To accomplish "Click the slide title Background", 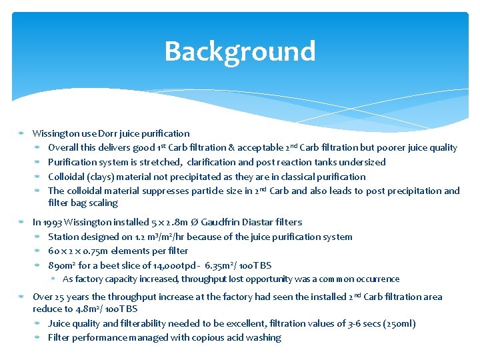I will tap(239, 51).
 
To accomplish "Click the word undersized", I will tap(363, 162).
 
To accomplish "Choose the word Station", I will tap(63, 237).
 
